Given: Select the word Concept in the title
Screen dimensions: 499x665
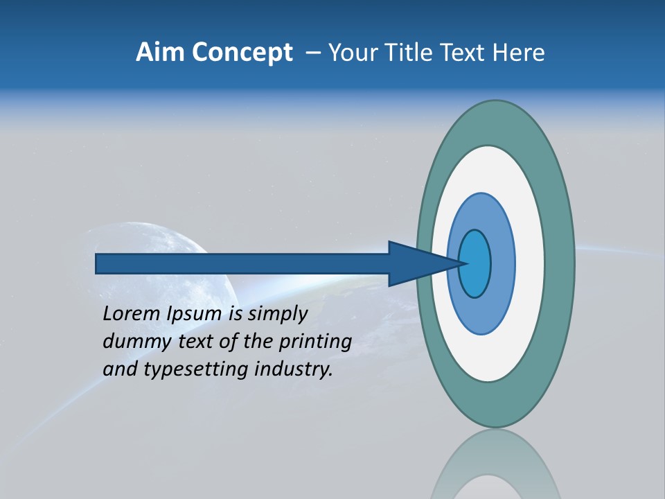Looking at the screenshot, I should [x=242, y=53].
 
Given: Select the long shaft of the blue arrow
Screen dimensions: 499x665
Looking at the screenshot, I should [x=242, y=264].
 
